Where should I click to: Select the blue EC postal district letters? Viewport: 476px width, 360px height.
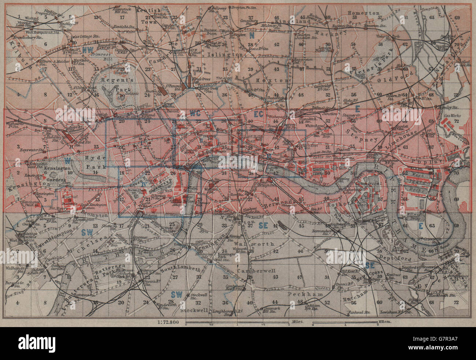point(259,114)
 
